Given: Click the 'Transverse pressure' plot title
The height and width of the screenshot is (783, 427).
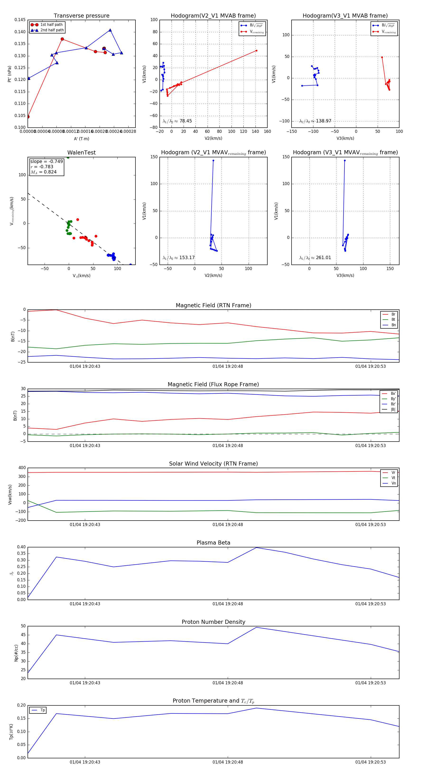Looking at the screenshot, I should pos(81,16).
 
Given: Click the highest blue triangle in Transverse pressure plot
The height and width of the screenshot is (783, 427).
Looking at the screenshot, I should pos(110,30).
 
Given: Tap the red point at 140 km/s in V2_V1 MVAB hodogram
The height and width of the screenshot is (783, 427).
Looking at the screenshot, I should pos(256,51).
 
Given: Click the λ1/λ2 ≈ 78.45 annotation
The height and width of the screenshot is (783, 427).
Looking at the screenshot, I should pos(177,121).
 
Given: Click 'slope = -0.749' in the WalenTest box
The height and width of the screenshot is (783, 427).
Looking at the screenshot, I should pos(46,161).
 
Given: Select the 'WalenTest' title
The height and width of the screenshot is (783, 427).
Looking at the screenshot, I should pos(81,153).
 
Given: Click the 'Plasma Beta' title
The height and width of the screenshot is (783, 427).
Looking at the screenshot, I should pos(213,543).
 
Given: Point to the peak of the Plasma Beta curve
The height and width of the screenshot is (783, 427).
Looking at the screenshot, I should pos(256,547).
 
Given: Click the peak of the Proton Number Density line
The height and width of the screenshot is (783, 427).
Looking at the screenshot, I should pos(256,627).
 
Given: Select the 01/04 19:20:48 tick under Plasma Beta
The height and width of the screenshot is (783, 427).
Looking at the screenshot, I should pos(228,604).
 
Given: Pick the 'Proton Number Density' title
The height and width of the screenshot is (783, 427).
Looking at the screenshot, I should pos(213,622).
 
